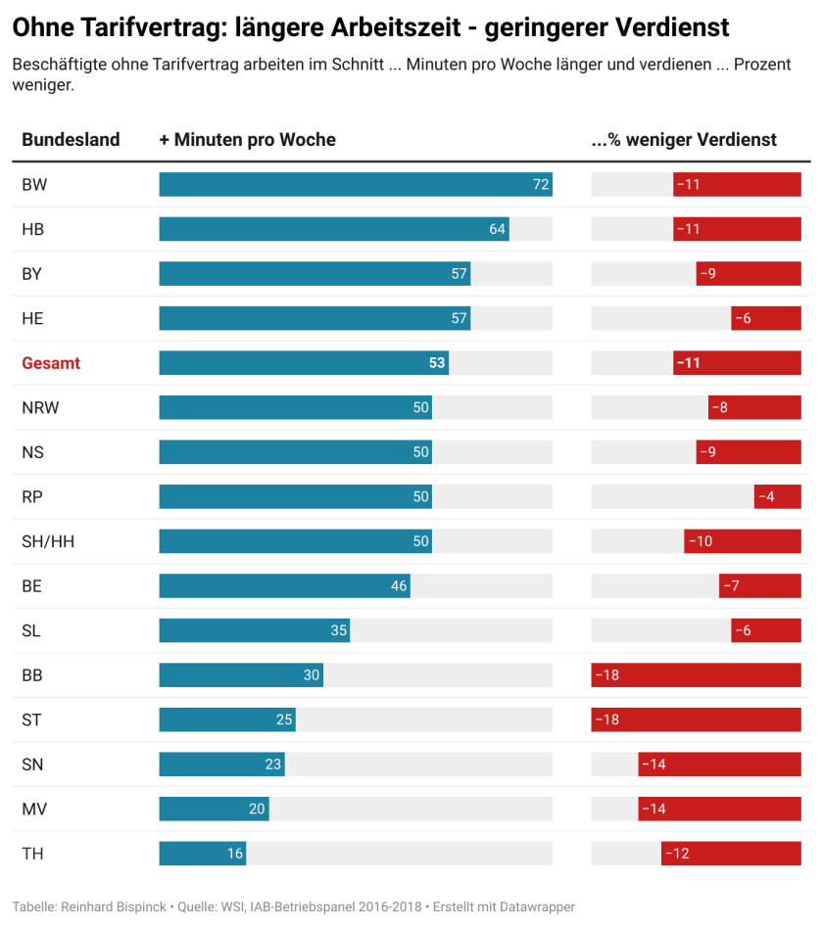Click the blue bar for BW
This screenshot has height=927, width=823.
pyautogui.click(x=356, y=185)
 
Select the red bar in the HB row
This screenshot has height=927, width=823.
pyautogui.click(x=737, y=229)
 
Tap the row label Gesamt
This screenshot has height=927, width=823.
pyautogui.click(x=51, y=363)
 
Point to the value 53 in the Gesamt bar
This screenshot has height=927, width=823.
pyautogui.click(x=437, y=363)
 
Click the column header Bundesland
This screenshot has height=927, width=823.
pyautogui.click(x=71, y=140)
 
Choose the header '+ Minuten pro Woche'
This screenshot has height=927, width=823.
pyautogui.click(x=247, y=140)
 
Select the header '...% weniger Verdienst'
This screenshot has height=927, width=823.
pyautogui.click(x=684, y=140)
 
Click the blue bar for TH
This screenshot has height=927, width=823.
pyautogui.click(x=202, y=854)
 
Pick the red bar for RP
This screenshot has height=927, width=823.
pyautogui.click(x=777, y=496)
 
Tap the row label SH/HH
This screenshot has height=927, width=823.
pyautogui.click(x=48, y=541)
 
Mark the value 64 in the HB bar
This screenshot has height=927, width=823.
pyautogui.click(x=497, y=229)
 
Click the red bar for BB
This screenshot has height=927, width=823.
pyautogui.click(x=696, y=675)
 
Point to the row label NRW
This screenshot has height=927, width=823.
pyautogui.click(x=40, y=407)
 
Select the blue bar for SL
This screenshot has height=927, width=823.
pyautogui.click(x=254, y=630)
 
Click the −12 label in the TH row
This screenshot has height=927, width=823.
pyautogui.click(x=677, y=854)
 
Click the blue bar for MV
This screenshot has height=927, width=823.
pyautogui.click(x=214, y=809)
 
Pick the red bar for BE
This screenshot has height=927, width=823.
pyautogui.click(x=760, y=586)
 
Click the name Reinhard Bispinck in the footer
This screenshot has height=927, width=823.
pyautogui.click(x=111, y=906)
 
